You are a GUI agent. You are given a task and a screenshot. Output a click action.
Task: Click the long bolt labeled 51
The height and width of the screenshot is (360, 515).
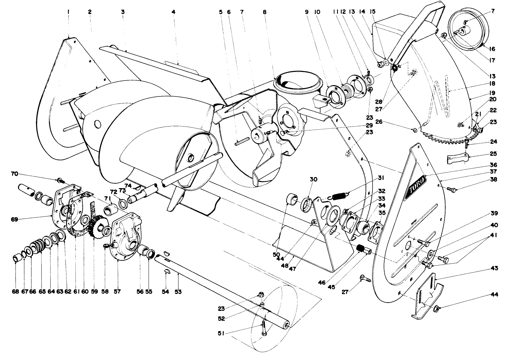[x=264, y=327]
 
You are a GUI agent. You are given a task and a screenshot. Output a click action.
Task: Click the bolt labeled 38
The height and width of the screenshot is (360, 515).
[x=450, y=189]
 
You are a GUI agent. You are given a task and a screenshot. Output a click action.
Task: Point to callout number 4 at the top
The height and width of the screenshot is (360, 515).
[x=173, y=12]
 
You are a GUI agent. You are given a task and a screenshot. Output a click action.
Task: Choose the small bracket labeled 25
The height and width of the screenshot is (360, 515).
[x=456, y=159]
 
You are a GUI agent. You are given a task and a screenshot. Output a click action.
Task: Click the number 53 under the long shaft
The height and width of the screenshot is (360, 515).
[x=178, y=292]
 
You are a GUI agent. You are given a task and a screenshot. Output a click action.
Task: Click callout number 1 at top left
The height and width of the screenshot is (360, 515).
[x=68, y=12]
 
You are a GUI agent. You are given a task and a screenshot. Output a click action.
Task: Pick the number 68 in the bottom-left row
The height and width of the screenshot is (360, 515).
[x=15, y=292]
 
